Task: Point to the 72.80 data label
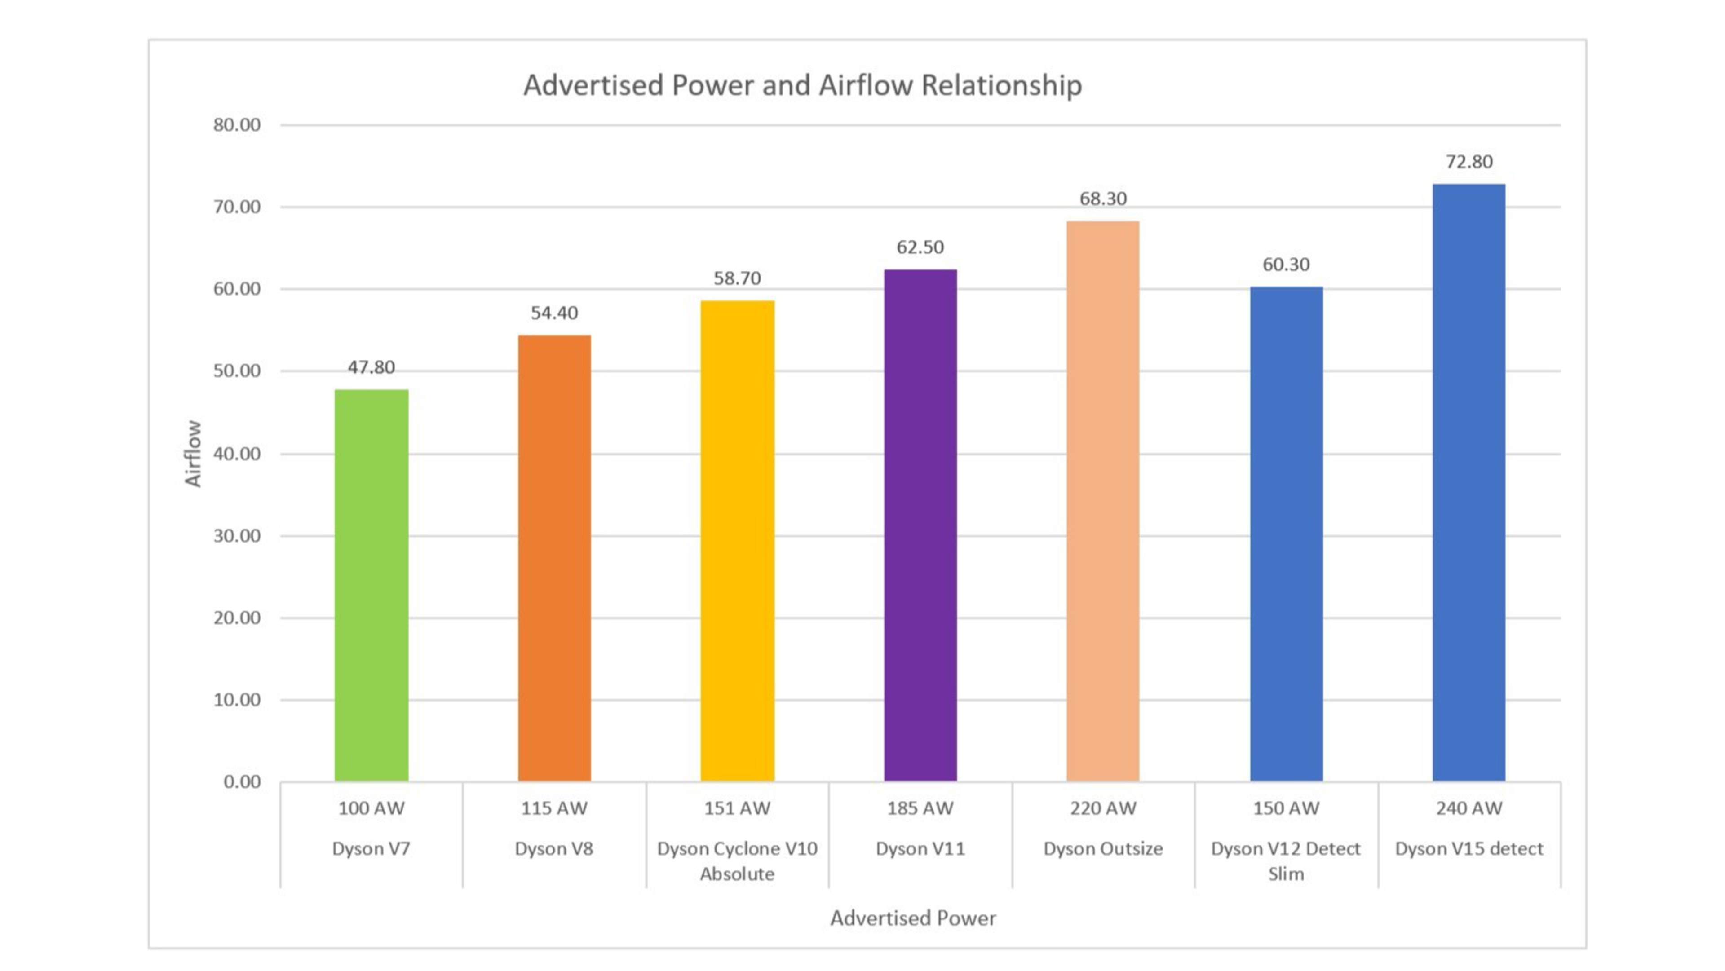tap(1469, 162)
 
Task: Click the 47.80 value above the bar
tap(371, 368)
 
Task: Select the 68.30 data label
tap(1103, 199)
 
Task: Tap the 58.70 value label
tap(737, 278)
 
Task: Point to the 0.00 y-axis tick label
tap(242, 782)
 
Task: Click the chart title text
tap(802, 86)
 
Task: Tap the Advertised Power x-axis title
tap(913, 918)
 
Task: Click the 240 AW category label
tap(1469, 808)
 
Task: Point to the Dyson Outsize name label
tap(1103, 849)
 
